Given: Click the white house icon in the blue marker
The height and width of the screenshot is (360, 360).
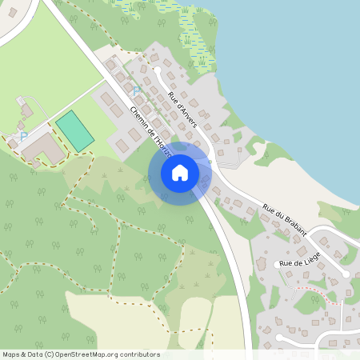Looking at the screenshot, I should pyautogui.click(x=180, y=172).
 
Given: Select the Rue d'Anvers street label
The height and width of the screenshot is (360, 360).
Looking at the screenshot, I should pyautogui.click(x=183, y=110).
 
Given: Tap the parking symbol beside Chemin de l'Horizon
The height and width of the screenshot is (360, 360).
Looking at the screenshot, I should pyautogui.click(x=136, y=90).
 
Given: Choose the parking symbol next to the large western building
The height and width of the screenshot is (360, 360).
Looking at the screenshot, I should pyautogui.click(x=23, y=136).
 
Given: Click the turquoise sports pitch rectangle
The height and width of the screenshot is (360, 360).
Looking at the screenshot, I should pyautogui.click(x=74, y=130).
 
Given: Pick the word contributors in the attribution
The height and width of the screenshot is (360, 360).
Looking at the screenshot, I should pyautogui.click(x=138, y=354).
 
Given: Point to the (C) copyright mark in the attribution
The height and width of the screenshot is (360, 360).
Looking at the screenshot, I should pyautogui.click(x=50, y=354).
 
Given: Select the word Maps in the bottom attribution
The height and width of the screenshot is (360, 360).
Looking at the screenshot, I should pyautogui.click(x=11, y=354).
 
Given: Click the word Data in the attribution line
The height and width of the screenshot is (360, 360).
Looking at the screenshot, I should pyautogui.click(x=35, y=354).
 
